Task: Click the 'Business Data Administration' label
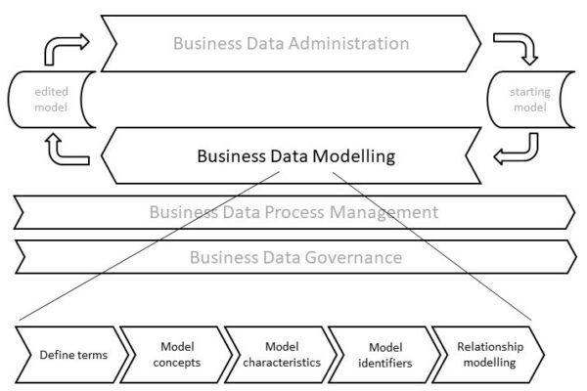click(x=291, y=43)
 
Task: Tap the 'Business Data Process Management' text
click(x=293, y=212)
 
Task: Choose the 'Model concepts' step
click(x=178, y=354)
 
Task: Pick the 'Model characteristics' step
click(x=280, y=354)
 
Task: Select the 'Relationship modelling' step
click(x=490, y=354)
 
